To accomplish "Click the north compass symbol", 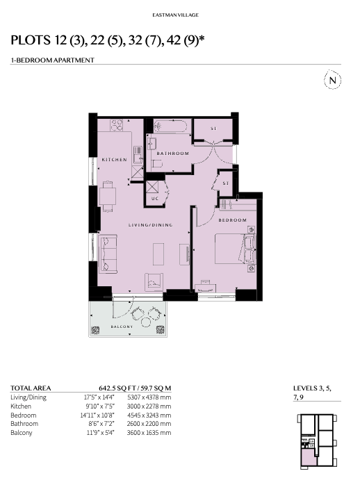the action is point(332,80).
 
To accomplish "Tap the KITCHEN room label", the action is point(114,159).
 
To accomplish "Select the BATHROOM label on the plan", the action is point(173,154).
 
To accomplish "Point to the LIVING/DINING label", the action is point(151,225).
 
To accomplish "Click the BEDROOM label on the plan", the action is point(232,220).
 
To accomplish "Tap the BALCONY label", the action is point(122,327).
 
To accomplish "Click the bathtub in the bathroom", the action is point(170,126).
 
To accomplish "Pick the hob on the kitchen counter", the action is point(117,125).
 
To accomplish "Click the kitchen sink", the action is point(138,155).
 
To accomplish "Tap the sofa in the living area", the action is point(108,254).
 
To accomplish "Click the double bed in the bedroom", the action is point(235,249).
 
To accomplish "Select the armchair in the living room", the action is point(154,282).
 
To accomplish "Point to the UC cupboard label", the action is point(155,199).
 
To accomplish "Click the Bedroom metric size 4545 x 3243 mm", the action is point(149,415).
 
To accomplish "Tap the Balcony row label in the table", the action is point(22,433).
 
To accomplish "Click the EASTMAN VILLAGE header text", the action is point(176,15).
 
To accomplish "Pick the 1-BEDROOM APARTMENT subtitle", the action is point(52,60).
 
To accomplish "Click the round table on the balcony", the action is point(146,322).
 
